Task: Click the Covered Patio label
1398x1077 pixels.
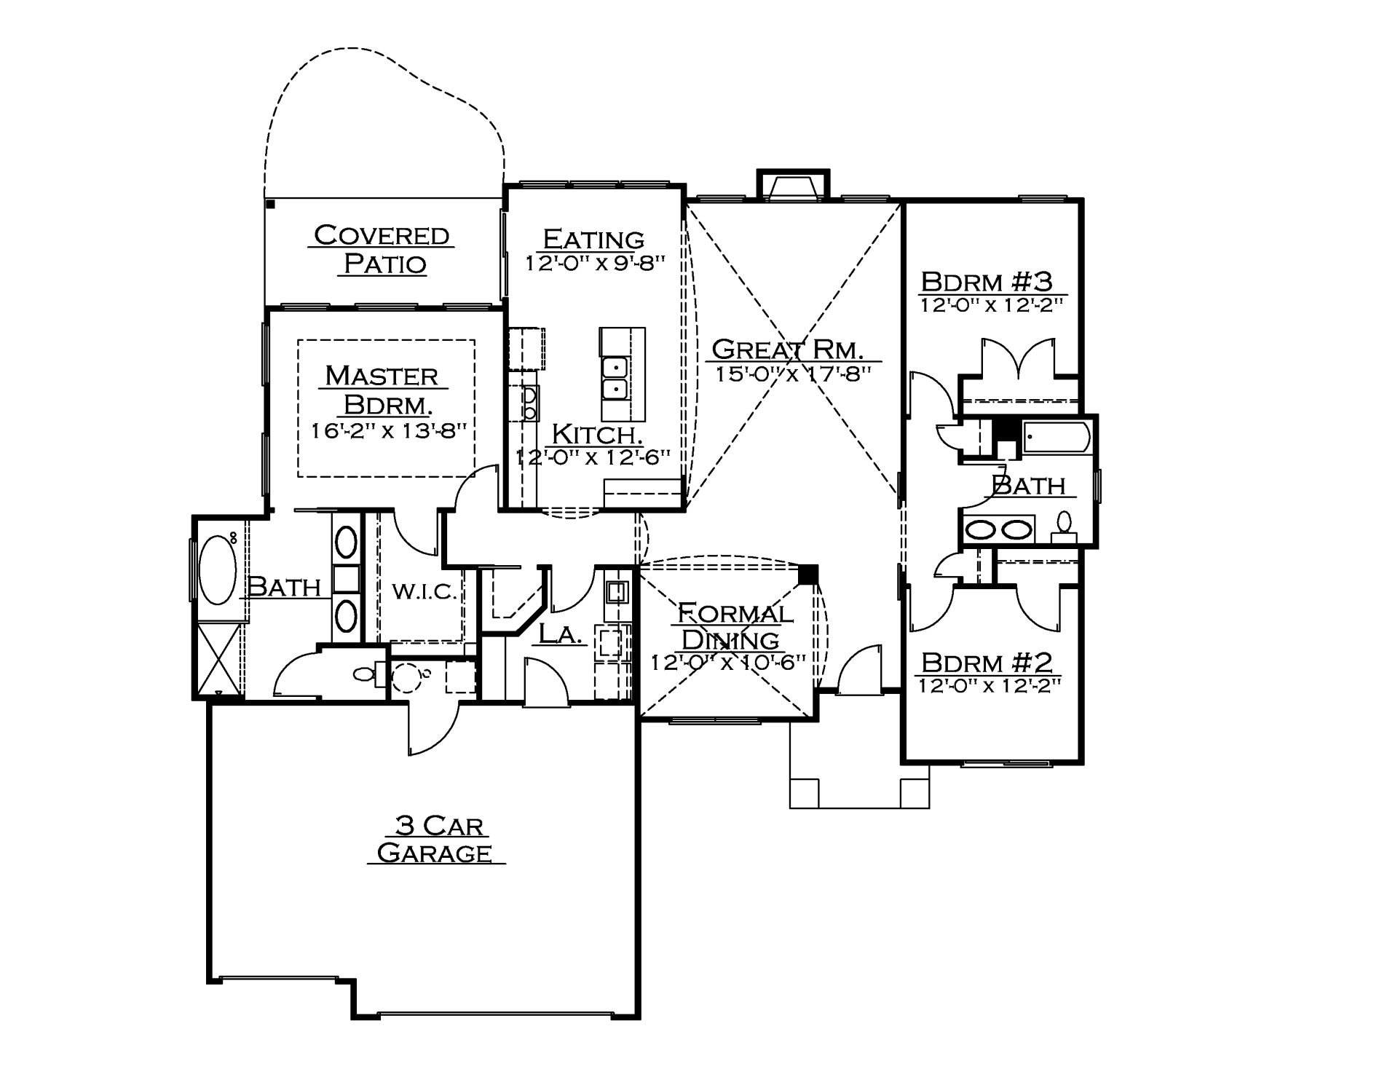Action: tap(382, 249)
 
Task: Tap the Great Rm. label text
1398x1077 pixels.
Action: tap(787, 350)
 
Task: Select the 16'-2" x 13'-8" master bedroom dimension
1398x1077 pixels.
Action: tap(388, 431)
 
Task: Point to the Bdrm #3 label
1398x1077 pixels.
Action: tap(987, 281)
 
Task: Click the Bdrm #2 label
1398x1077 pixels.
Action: tap(987, 663)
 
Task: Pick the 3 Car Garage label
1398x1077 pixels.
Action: tap(435, 839)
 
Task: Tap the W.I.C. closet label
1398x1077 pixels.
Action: tap(424, 591)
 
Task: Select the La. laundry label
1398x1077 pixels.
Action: tap(560, 634)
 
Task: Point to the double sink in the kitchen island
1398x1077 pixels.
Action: tap(615, 379)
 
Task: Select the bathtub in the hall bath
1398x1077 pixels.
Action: tap(1056, 438)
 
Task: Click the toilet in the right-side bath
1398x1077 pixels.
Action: tap(1064, 526)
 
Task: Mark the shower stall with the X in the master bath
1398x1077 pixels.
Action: tap(220, 658)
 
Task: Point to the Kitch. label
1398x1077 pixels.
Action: tap(596, 435)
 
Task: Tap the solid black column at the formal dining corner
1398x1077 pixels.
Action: tap(807, 575)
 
